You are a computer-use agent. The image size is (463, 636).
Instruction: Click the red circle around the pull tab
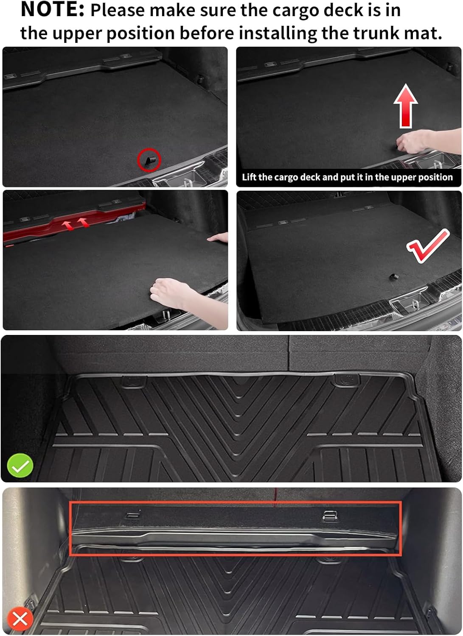pos(149,160)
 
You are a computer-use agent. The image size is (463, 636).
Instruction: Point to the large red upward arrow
pos(406,106)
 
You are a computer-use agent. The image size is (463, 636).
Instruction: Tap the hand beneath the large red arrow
pos(413,141)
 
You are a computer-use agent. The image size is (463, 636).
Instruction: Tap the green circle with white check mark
pos(20,466)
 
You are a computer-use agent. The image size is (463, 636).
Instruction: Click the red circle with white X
pos(20,619)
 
